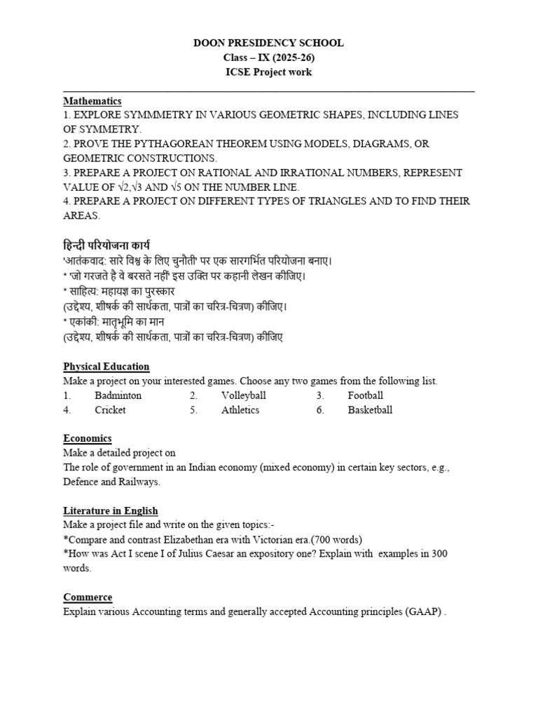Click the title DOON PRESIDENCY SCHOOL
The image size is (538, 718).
point(268,43)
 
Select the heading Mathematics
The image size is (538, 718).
point(92,101)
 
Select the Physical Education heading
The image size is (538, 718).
point(106,366)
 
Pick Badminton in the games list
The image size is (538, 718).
point(118,395)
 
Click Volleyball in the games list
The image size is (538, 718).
point(244,395)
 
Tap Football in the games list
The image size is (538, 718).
point(366,395)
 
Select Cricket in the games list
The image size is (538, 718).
point(110,410)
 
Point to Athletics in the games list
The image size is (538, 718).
point(240,410)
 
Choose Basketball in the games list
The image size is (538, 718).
point(370,410)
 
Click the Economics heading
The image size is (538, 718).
point(88,438)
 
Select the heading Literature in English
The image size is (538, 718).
point(111,510)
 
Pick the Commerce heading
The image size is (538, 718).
point(88,597)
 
